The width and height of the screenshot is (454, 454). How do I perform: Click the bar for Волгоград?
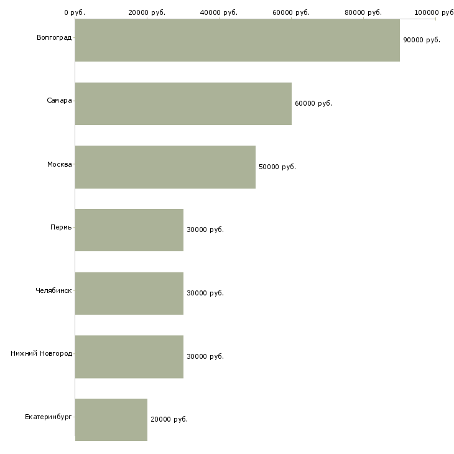pos(237,40)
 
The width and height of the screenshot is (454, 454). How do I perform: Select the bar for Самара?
pos(183,103)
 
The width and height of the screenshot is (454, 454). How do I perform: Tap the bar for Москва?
pos(165,167)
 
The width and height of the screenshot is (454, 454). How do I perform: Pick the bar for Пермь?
pos(129,230)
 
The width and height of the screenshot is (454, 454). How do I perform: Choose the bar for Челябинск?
pos(129,293)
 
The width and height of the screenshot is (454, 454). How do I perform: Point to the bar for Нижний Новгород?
pos(129,356)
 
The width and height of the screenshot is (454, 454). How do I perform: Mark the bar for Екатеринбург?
pos(111,420)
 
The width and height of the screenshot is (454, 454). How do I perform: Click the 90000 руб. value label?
pos(421,40)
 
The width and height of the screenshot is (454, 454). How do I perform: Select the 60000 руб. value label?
pos(313,103)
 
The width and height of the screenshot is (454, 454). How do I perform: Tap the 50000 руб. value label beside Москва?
pos(277,167)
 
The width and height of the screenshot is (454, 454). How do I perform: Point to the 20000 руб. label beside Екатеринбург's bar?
pos(169,420)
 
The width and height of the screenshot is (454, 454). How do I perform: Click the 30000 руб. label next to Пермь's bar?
pos(205,230)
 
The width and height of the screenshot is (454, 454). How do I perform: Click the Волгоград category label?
pos(54,38)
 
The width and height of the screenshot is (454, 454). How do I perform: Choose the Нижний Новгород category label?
pos(41,354)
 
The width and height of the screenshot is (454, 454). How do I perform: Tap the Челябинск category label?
pos(53,290)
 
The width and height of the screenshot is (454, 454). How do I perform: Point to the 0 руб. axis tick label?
pos(75,12)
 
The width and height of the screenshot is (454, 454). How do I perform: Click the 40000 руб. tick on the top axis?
pos(219,12)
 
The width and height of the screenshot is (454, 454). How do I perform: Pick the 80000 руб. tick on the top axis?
pos(363,12)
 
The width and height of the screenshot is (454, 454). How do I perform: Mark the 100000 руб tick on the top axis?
pos(434,12)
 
